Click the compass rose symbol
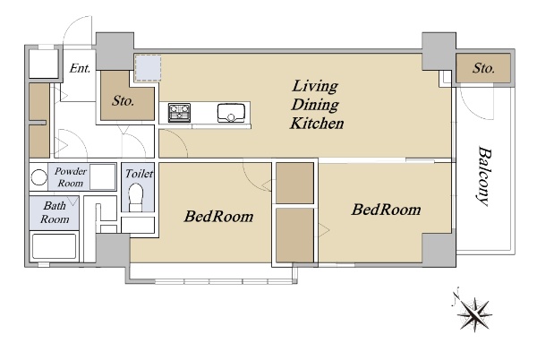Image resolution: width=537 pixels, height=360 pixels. [473, 313]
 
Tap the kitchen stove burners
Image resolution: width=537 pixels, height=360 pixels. [179, 112]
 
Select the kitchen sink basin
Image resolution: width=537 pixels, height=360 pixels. [231, 113]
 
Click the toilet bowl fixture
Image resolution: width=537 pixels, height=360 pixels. [136, 197]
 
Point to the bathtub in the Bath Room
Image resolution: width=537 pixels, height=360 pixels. [54, 245]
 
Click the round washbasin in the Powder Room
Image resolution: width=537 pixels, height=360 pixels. [39, 177]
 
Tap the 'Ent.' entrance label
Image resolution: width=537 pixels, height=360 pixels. [80, 68]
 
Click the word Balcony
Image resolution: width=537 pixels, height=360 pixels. [484, 176]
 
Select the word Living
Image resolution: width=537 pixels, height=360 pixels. [315, 86]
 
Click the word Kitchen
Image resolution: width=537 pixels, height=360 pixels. [317, 124]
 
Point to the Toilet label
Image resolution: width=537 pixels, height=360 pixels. [139, 174]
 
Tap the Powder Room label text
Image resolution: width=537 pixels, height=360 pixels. [71, 176]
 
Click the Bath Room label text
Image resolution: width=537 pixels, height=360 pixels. [55, 212]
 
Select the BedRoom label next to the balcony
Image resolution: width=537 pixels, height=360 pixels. [386, 210]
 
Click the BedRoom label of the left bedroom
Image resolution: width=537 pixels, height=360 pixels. [219, 216]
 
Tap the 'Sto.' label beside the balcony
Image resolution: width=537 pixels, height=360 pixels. [483, 68]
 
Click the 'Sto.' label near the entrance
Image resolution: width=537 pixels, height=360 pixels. [123, 100]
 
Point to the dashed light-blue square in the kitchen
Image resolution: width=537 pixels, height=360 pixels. [148, 68]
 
